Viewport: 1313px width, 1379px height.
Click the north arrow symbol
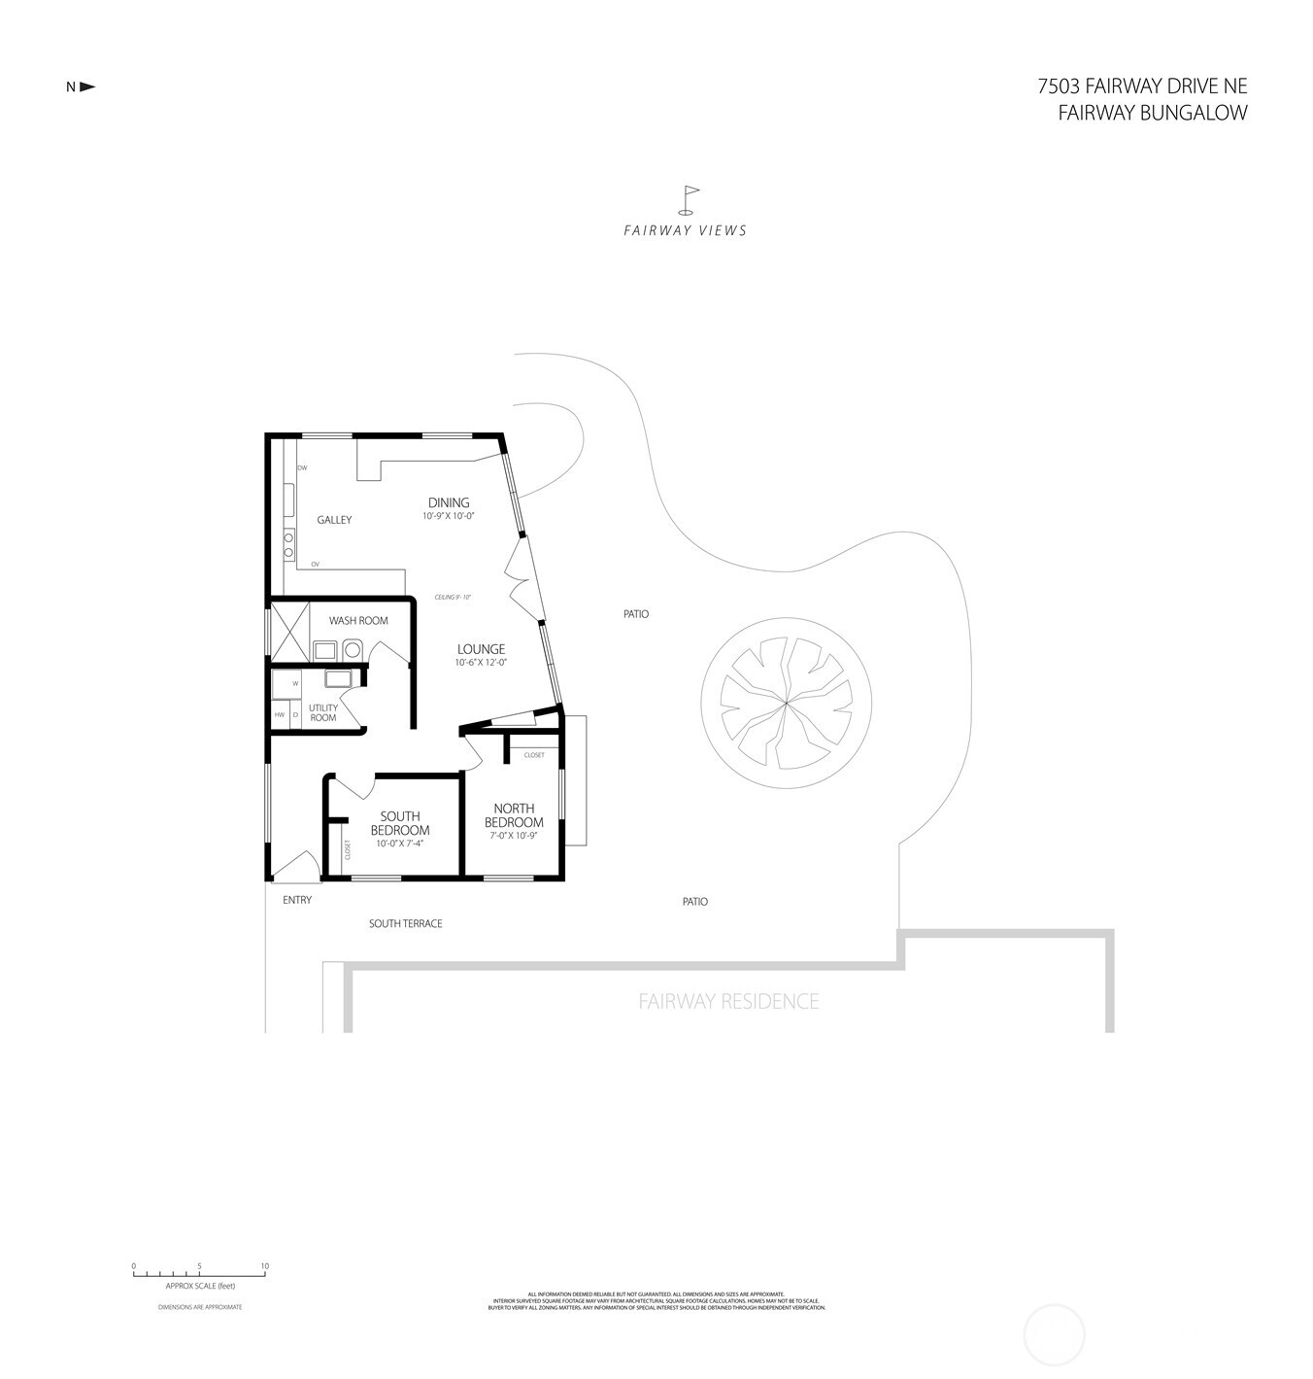tap(87, 86)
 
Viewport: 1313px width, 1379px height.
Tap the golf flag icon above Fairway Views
tap(689, 199)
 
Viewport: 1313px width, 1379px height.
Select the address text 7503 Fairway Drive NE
tap(1142, 86)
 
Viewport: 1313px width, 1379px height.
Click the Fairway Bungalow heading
tap(1152, 113)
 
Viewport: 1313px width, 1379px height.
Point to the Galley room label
tap(334, 520)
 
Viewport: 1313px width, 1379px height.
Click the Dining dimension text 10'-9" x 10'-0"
tap(449, 517)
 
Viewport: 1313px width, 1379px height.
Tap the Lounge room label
tap(481, 649)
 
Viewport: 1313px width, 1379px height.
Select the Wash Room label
tap(358, 620)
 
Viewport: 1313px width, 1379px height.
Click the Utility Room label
tap(323, 712)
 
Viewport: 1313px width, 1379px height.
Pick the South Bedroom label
tap(400, 823)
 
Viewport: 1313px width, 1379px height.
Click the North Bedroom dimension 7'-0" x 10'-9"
tap(514, 835)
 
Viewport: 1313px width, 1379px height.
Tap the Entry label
tap(297, 900)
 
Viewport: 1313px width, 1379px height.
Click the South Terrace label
tap(405, 923)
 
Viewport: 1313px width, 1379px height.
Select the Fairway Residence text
tap(728, 1001)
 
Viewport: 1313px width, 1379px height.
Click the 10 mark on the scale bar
tap(265, 1266)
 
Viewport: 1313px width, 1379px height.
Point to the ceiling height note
tap(453, 597)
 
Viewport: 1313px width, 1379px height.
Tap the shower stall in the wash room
tap(288, 632)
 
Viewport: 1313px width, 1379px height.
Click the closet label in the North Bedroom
tap(534, 755)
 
